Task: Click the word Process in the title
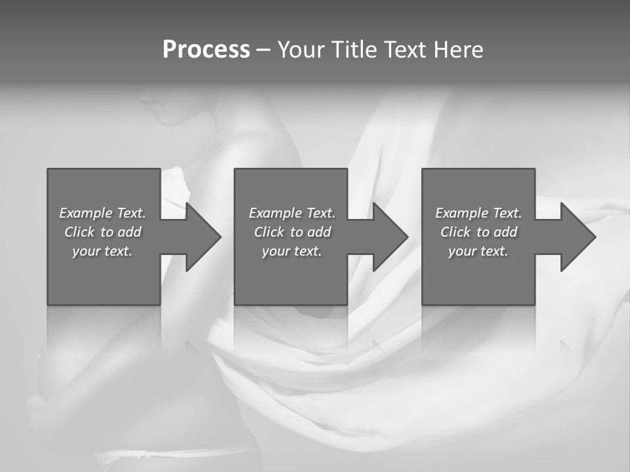[206, 50]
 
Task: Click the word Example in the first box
[86, 213]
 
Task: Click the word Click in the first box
[79, 232]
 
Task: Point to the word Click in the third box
[455, 232]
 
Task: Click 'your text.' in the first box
[102, 251]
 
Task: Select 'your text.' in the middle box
[291, 251]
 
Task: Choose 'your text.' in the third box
[478, 251]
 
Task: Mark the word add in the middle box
[319, 232]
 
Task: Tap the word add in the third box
[505, 232]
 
